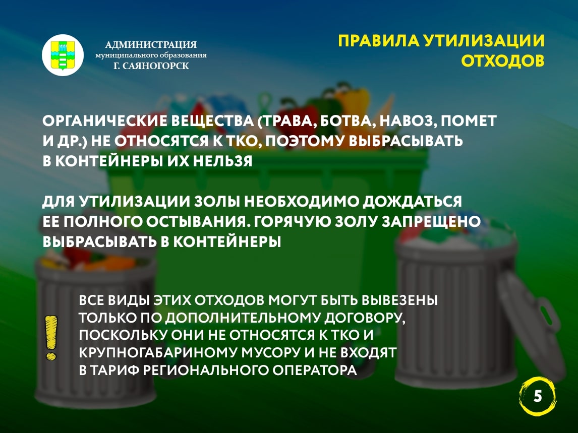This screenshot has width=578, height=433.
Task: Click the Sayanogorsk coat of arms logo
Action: tap(63, 55)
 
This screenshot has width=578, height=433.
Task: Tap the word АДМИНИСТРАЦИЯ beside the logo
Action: tap(151, 44)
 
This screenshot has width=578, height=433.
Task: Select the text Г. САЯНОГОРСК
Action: tap(151, 66)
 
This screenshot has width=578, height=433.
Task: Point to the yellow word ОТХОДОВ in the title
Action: tap(503, 61)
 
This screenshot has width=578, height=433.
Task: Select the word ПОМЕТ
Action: tap(469, 121)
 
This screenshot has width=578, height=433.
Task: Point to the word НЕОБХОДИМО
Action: tap(302, 202)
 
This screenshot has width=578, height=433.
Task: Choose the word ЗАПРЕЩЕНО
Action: tap(431, 222)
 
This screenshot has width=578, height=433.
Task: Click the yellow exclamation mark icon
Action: tap(51, 338)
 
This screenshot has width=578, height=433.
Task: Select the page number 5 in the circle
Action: tap(538, 397)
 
